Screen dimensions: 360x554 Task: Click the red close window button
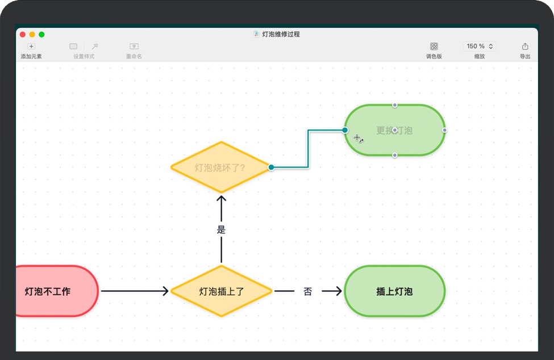click(23, 35)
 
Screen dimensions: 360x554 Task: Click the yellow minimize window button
click(32, 35)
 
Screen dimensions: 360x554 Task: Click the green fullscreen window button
click(41, 35)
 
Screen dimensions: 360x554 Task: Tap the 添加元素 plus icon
click(31, 47)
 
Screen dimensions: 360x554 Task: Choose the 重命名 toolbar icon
click(134, 47)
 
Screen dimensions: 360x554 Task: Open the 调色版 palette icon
click(434, 47)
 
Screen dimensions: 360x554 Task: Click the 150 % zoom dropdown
click(480, 47)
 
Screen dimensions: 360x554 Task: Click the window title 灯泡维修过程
click(281, 34)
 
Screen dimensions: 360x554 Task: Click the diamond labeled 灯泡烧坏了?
click(220, 168)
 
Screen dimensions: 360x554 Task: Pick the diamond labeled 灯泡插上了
click(222, 291)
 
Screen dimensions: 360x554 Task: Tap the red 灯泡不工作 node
click(51, 291)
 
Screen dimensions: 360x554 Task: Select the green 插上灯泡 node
click(394, 291)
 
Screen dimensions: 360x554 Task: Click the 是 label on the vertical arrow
click(222, 230)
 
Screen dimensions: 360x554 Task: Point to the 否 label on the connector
click(307, 291)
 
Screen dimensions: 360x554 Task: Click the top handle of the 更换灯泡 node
click(395, 105)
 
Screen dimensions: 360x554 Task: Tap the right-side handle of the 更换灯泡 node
click(445, 130)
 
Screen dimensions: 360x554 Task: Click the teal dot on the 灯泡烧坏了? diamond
click(272, 168)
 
